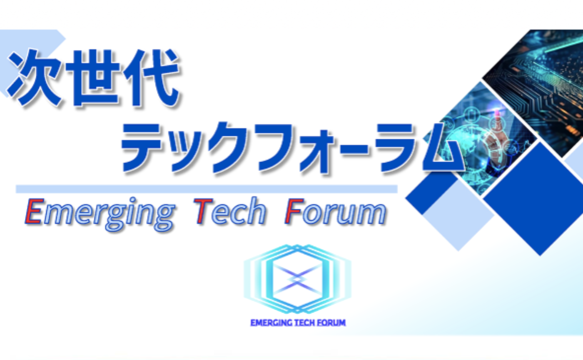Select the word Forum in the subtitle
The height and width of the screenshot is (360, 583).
335,212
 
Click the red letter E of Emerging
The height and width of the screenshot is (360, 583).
33,212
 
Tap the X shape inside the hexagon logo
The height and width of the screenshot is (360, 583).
297,277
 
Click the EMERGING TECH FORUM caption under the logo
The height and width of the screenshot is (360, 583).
298,322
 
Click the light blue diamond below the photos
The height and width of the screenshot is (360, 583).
458,217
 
